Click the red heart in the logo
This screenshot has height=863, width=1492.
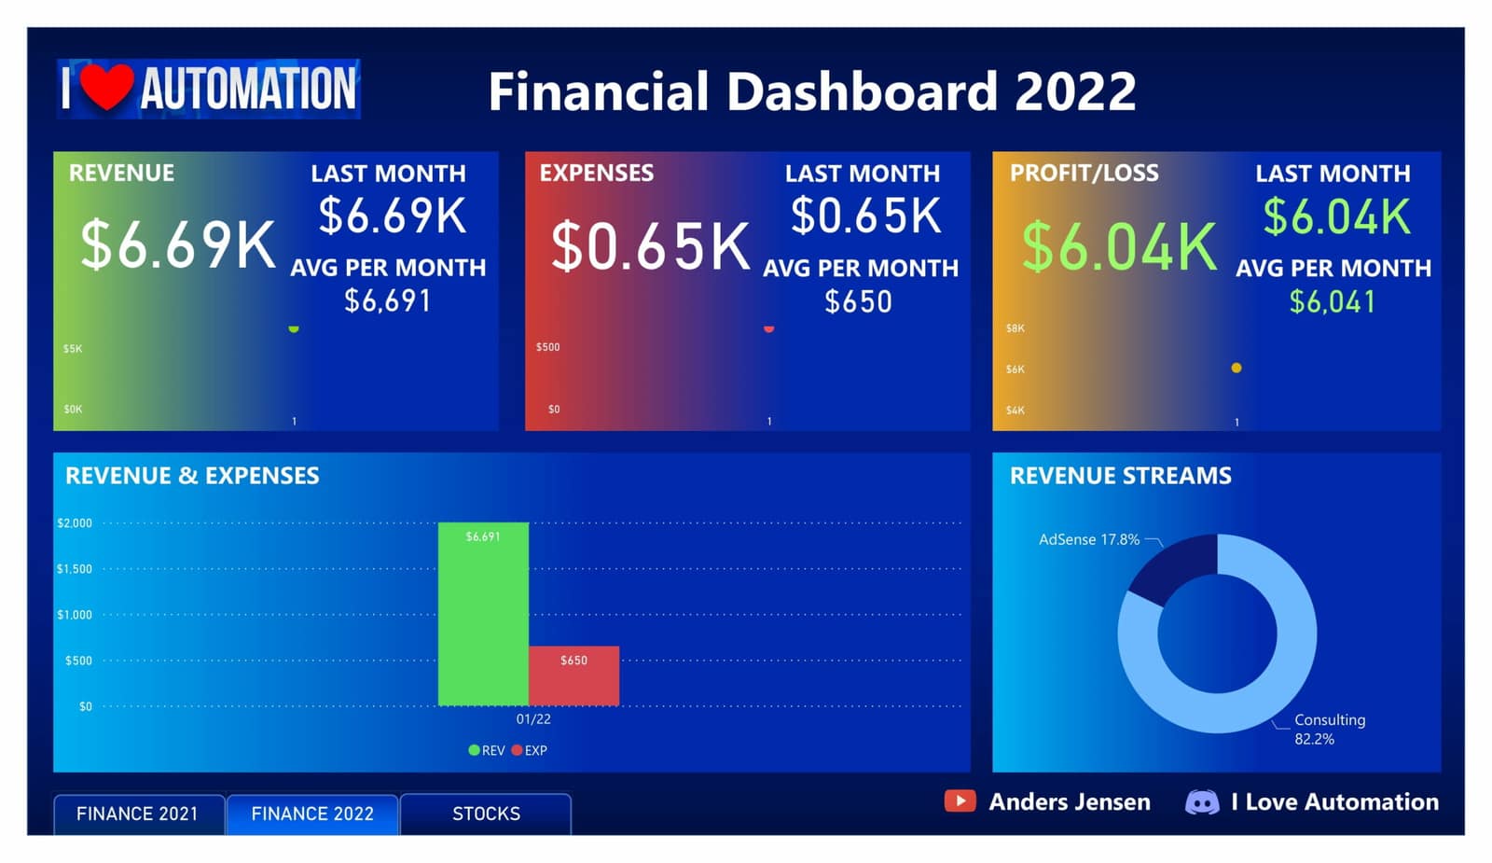[107, 87]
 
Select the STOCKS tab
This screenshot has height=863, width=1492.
[486, 814]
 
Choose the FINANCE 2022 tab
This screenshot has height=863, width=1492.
[312, 814]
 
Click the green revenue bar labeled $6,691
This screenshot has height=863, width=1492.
[483, 614]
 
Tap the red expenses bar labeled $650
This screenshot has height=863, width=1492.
[573, 675]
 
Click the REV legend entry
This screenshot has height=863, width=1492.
[487, 750]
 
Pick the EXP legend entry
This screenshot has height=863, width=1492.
[530, 750]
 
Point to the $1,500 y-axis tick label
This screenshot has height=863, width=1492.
[75, 568]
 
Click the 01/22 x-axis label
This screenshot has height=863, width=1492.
[533, 719]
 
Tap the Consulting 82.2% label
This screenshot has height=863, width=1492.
[1330, 729]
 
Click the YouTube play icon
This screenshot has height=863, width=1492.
[960, 801]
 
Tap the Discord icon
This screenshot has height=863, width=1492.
[1202, 801]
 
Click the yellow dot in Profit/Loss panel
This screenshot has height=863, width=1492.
[1236, 368]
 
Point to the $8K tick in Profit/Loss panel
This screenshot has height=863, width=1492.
[1015, 327]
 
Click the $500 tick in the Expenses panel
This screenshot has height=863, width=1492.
[547, 346]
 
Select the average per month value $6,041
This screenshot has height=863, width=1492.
[1333, 302]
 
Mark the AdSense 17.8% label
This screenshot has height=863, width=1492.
[1089, 539]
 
